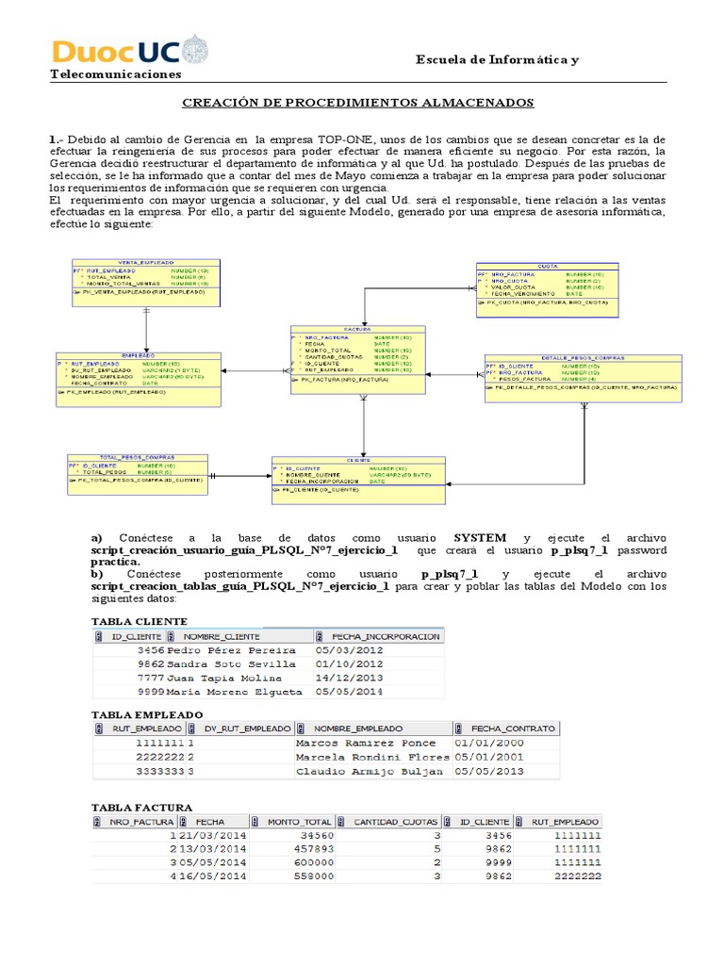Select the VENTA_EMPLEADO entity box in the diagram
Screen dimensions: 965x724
[145, 281]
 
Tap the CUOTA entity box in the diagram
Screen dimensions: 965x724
[547, 288]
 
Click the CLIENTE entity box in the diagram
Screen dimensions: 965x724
[358, 476]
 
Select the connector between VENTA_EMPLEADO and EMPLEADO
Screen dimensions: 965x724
[145, 329]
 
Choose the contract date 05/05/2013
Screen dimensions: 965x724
[489, 771]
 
